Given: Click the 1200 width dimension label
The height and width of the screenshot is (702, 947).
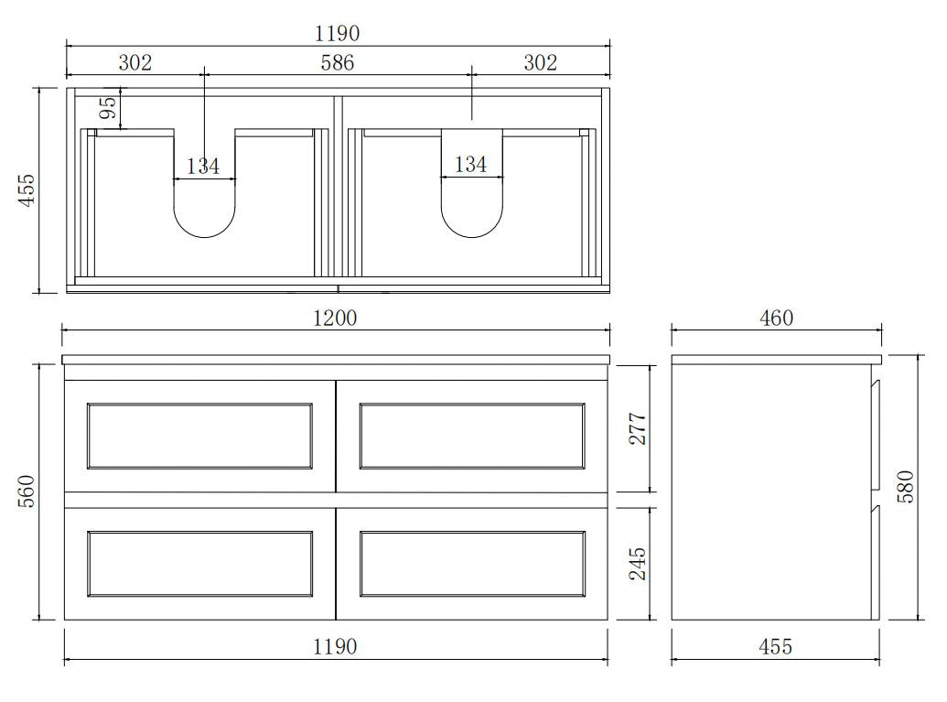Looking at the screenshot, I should (337, 318).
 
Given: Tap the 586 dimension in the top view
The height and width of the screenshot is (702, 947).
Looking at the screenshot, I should (337, 62).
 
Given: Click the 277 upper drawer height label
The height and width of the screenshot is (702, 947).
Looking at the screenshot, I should (638, 428).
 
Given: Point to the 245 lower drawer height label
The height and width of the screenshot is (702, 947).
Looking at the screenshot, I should (638, 564).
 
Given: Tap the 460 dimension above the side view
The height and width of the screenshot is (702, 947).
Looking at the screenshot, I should (776, 318).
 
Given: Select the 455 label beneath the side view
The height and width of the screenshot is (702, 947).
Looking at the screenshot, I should (776, 647).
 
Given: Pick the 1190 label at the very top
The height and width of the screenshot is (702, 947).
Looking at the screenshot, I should (337, 34).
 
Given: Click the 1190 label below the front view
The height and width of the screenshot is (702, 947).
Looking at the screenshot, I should (335, 647).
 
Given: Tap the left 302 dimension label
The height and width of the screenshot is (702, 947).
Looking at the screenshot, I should (135, 62).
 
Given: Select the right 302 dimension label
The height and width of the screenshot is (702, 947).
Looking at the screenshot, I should (540, 62).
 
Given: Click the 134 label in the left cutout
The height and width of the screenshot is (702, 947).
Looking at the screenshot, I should (203, 166).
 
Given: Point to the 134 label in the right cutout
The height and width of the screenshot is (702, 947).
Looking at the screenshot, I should (470, 165).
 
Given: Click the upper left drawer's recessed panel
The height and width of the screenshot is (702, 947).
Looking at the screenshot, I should (199, 436).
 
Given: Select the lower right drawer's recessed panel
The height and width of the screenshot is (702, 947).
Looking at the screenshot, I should (472, 563).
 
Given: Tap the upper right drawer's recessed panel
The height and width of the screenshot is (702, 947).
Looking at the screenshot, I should (472, 436).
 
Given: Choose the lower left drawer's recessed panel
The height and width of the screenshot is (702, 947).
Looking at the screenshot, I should (199, 563).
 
